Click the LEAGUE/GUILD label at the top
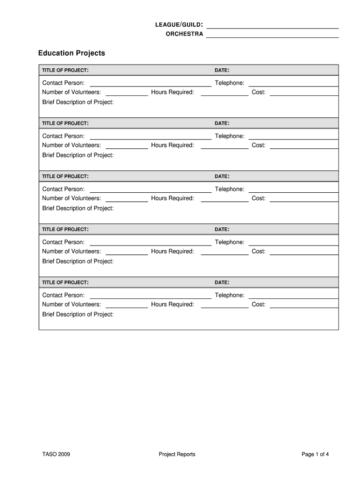(179, 24)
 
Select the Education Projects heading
(72, 53)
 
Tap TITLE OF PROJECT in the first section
(65, 71)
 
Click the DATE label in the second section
(222, 123)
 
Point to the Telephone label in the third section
(230, 189)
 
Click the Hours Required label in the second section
(173, 145)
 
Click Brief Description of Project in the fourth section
(78, 261)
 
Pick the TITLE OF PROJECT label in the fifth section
(65, 283)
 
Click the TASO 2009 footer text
(56, 454)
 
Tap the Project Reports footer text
(177, 454)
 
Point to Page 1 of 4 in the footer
(316, 454)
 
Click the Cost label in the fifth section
(259, 305)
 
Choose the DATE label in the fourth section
(222, 230)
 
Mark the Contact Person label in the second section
(64, 136)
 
